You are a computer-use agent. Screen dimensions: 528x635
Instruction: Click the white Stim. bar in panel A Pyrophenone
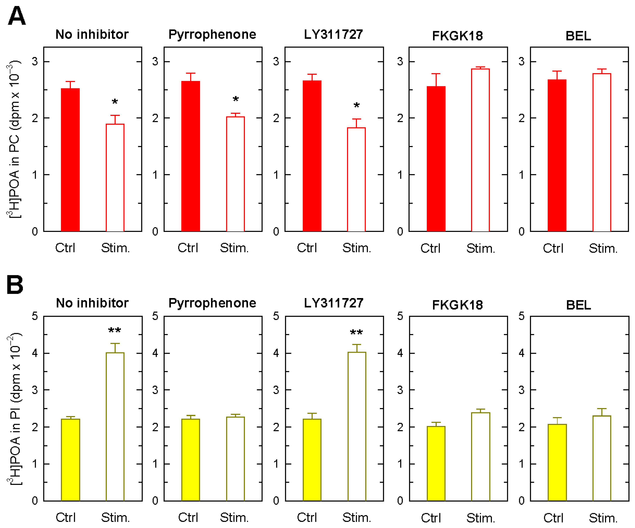235,174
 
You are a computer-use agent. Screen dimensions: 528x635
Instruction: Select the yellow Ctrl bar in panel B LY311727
312,460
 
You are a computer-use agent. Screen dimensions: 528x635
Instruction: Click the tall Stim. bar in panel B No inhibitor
115,426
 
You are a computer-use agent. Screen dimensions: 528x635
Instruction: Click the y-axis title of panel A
14,139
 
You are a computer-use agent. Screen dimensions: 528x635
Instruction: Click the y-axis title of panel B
14,408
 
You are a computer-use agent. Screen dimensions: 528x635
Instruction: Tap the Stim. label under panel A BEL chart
603,249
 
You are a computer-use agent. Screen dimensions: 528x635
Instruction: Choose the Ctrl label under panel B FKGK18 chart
431,518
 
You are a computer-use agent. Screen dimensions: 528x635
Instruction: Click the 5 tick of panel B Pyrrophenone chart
155,316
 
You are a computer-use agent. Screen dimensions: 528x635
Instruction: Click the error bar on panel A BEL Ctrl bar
557,75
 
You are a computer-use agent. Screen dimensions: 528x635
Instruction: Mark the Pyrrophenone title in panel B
212,303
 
